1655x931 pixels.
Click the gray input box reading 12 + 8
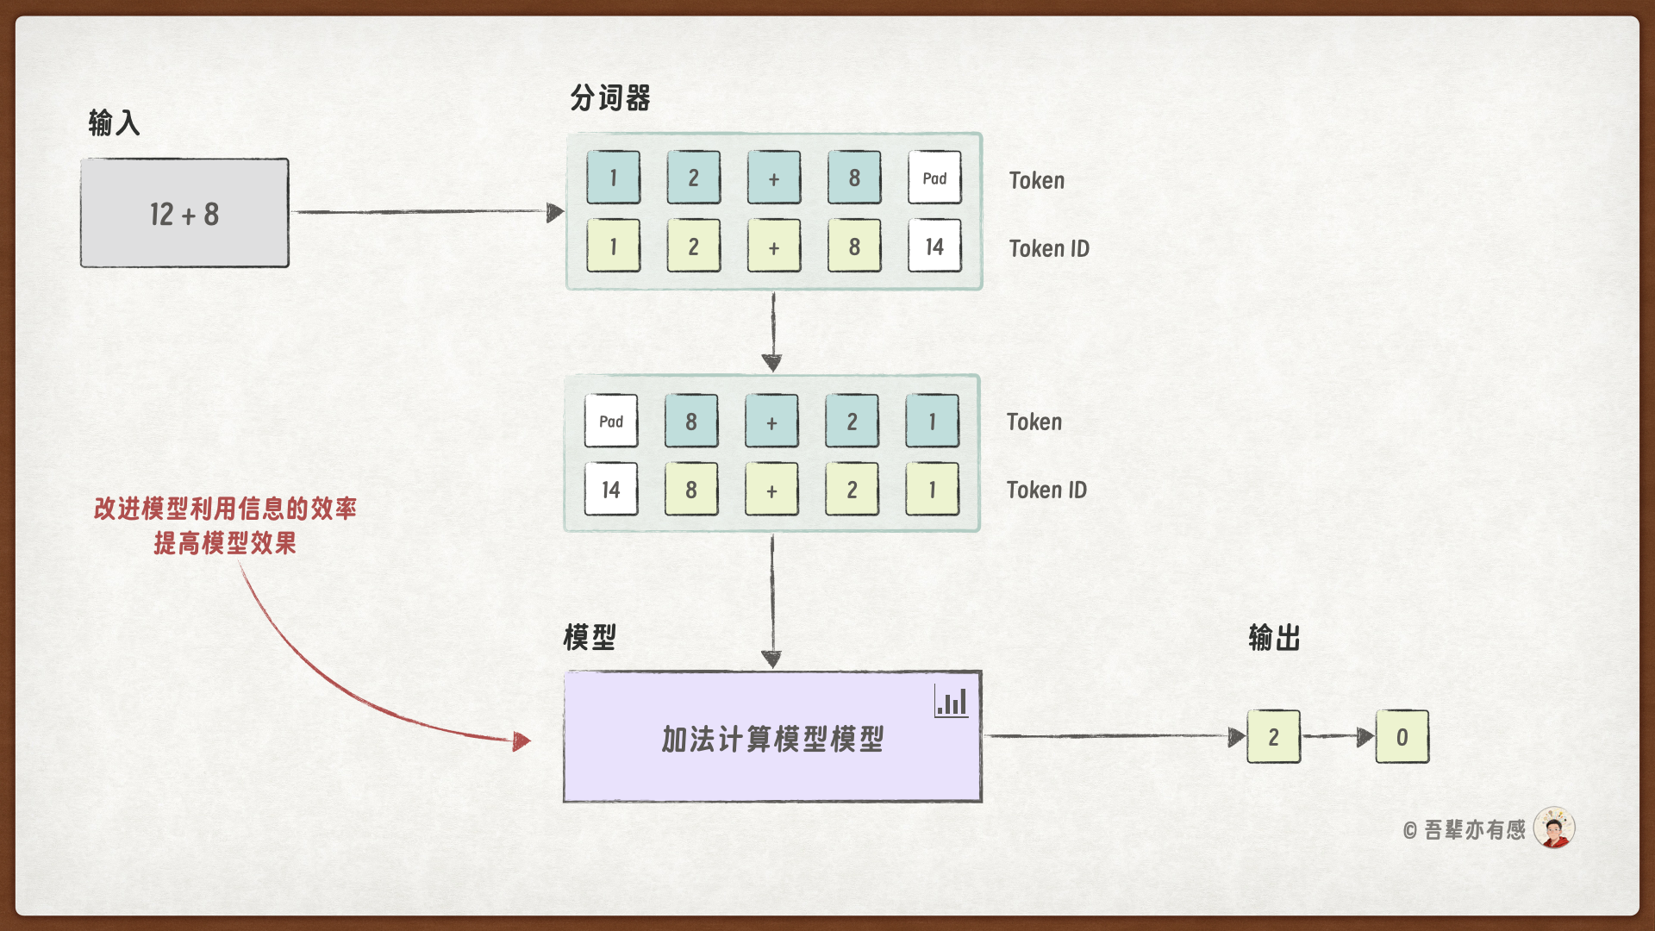(x=184, y=213)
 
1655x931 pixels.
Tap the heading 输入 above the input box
(x=114, y=123)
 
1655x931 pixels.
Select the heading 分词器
(x=610, y=98)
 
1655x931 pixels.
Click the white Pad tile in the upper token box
(x=934, y=178)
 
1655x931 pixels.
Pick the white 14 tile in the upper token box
(x=934, y=247)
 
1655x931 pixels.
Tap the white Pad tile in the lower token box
(x=611, y=421)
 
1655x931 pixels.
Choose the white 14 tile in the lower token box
(x=611, y=490)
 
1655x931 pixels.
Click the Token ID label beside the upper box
(x=1049, y=249)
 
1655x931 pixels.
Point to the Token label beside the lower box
(x=1034, y=422)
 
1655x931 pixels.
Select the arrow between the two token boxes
(x=772, y=332)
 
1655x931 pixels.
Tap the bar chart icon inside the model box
(x=952, y=702)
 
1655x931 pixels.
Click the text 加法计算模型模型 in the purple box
(x=772, y=739)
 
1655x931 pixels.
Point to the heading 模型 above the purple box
(x=590, y=638)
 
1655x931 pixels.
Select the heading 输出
(x=1274, y=639)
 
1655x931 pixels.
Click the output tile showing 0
(x=1402, y=737)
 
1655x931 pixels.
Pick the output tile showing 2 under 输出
(x=1273, y=737)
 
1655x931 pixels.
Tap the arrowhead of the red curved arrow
(x=521, y=740)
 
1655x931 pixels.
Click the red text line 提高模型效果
(x=225, y=543)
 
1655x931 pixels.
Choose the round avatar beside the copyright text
(x=1554, y=828)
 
